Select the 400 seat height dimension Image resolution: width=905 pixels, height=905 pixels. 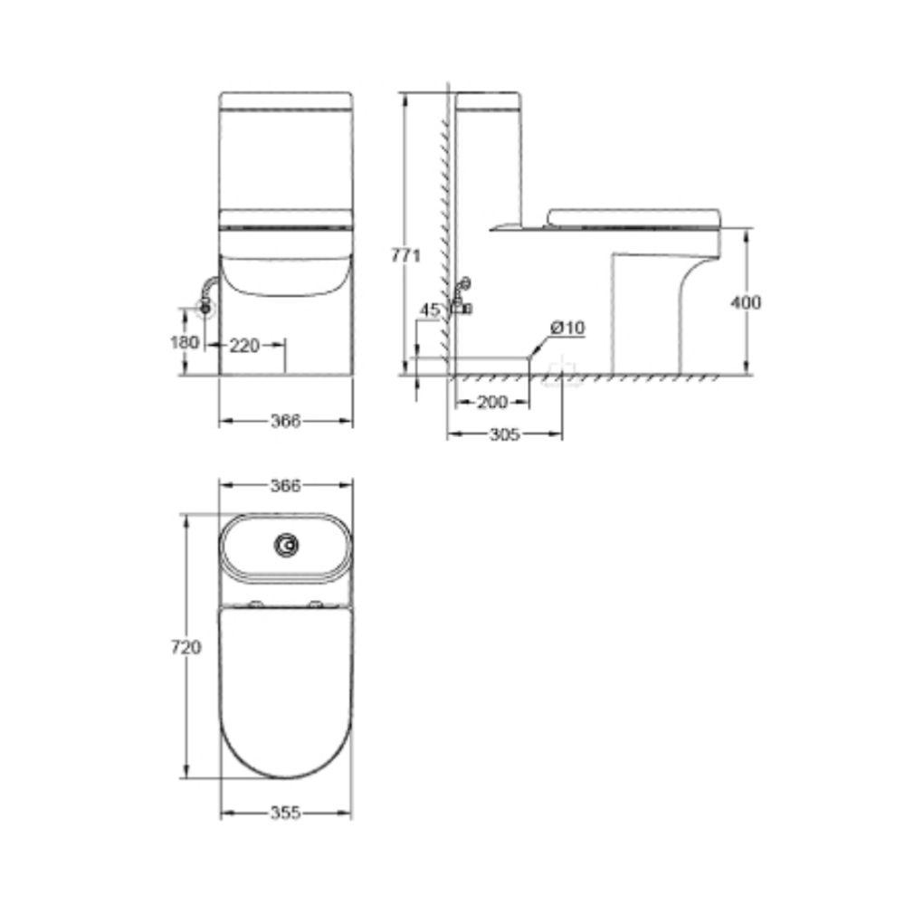pyautogui.click(x=746, y=302)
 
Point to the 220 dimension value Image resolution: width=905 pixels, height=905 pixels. pyautogui.click(x=243, y=344)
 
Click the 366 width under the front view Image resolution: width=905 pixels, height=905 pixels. pyautogui.click(x=285, y=421)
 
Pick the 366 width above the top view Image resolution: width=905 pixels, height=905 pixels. pyautogui.click(x=285, y=486)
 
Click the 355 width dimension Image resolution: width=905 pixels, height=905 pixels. pyautogui.click(x=285, y=812)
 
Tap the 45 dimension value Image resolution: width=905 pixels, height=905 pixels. pyautogui.click(x=430, y=310)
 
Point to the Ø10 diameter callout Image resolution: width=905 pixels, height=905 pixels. pyautogui.click(x=567, y=328)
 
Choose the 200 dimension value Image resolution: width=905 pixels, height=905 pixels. pyautogui.click(x=491, y=403)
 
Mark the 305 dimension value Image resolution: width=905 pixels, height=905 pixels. pyautogui.click(x=503, y=435)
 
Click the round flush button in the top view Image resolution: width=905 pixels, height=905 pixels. pyautogui.click(x=287, y=545)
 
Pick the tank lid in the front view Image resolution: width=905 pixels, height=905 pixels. pyautogui.click(x=285, y=99)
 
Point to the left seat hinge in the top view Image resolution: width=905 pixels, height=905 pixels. pyautogui.click(x=257, y=605)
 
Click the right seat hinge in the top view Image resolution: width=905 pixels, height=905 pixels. pyautogui.click(x=315, y=605)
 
